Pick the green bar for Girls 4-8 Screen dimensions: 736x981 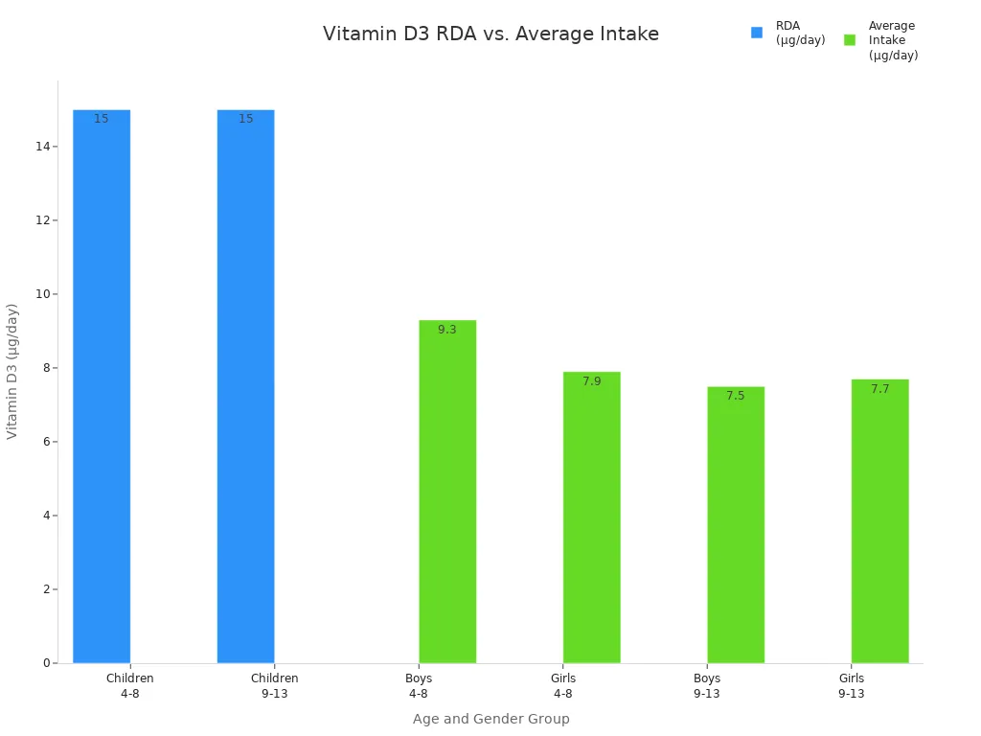[x=591, y=517]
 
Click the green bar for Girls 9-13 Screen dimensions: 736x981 [x=879, y=521]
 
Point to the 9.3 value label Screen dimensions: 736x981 [x=447, y=330]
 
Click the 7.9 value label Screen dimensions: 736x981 [x=591, y=381]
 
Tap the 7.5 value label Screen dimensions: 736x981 [x=736, y=396]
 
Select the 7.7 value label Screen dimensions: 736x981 [x=879, y=389]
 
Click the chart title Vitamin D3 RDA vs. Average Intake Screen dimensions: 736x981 [x=490, y=34]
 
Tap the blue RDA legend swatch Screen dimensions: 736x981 [x=757, y=33]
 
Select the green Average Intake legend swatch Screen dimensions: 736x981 [x=850, y=40]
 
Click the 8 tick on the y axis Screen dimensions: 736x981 [x=44, y=368]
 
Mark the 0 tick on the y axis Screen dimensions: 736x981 [x=44, y=663]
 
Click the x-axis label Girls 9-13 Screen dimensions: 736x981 [x=851, y=686]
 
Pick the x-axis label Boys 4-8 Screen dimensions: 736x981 [x=419, y=686]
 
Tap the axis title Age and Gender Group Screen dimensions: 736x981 [x=490, y=719]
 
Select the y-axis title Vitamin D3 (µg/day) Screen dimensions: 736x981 [x=12, y=371]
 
